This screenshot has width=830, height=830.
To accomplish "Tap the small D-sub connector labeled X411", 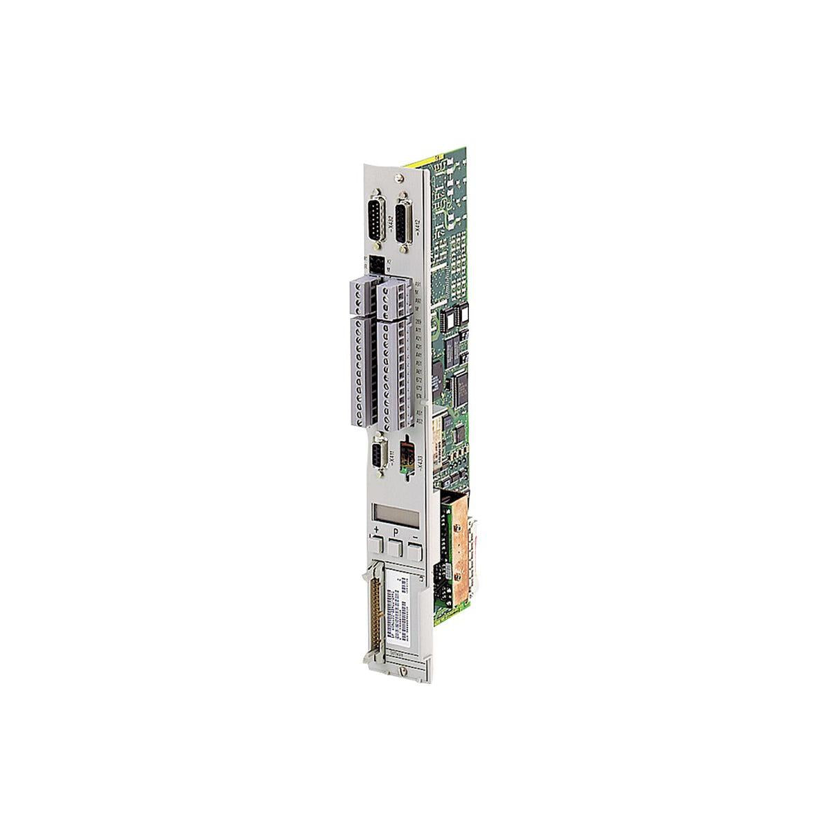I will tap(379, 457).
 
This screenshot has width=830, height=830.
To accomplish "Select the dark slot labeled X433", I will tap(407, 454).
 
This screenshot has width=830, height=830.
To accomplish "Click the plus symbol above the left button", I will tap(376, 531).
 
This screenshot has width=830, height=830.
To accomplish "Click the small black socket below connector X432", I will tap(377, 264).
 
